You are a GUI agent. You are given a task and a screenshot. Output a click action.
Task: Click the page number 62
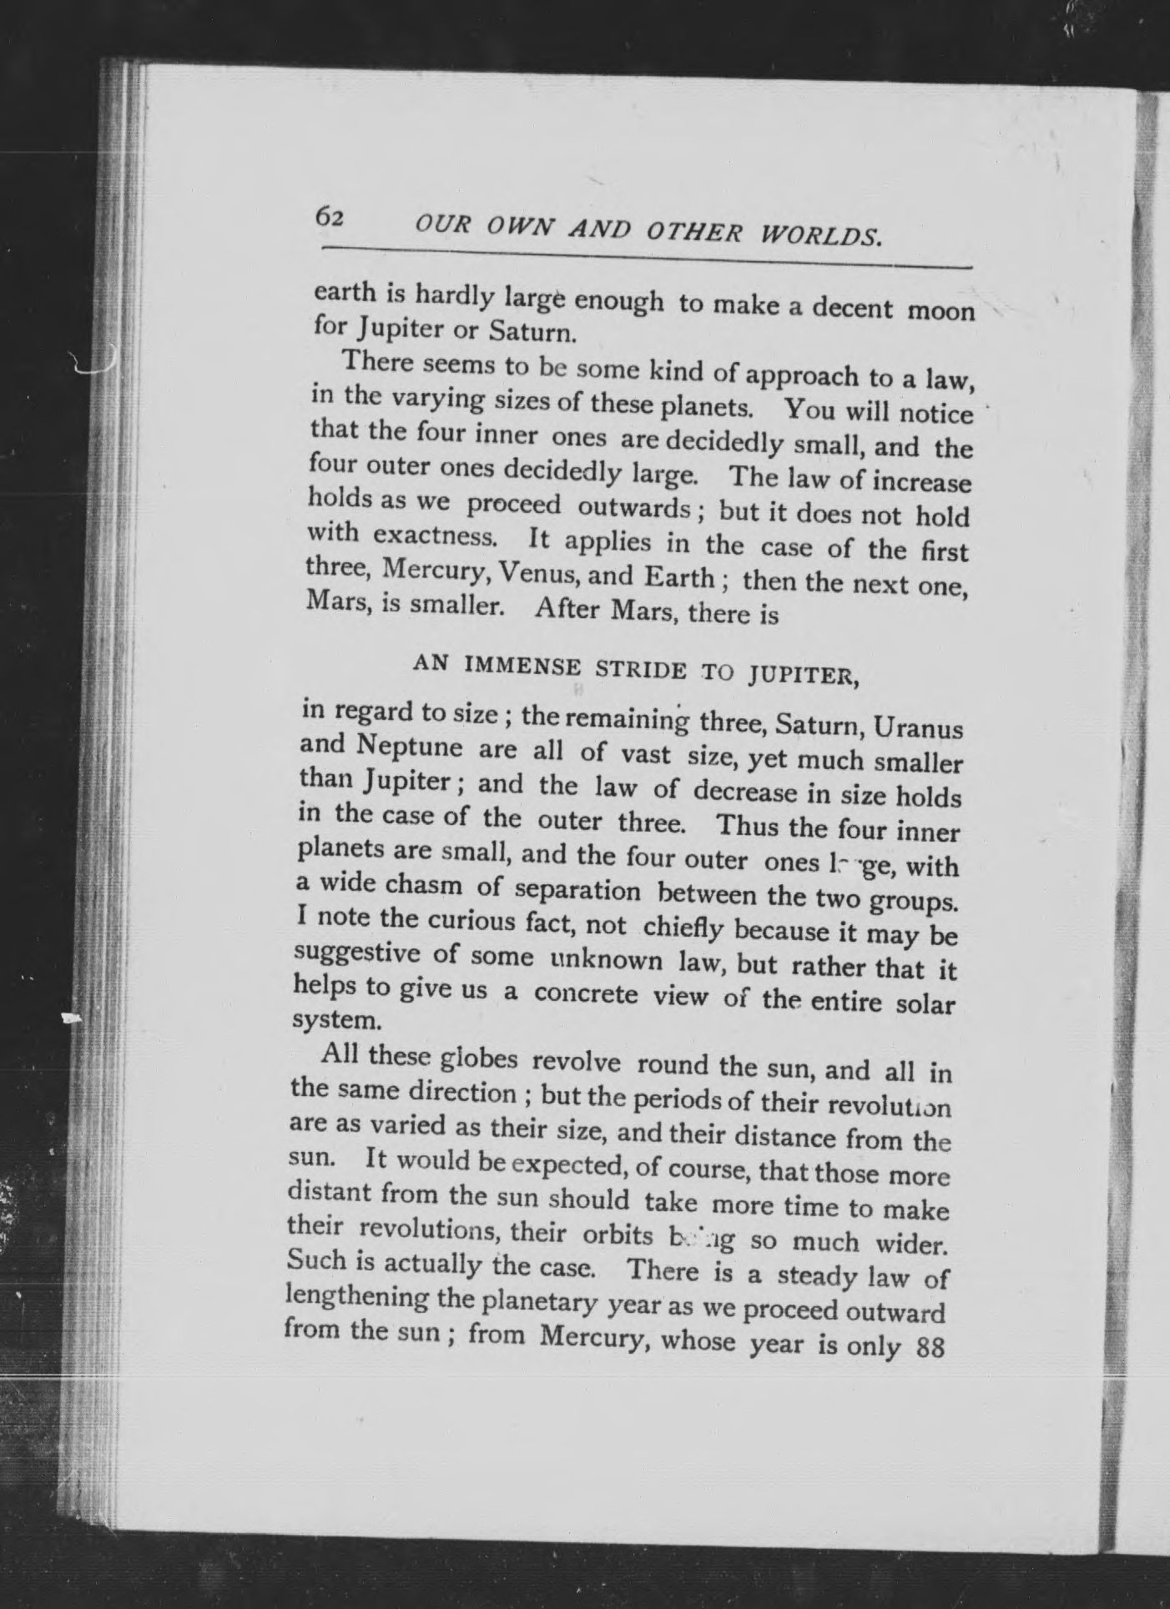329,218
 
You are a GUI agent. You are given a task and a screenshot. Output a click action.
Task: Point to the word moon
941,311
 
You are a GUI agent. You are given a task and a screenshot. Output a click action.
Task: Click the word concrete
587,995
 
